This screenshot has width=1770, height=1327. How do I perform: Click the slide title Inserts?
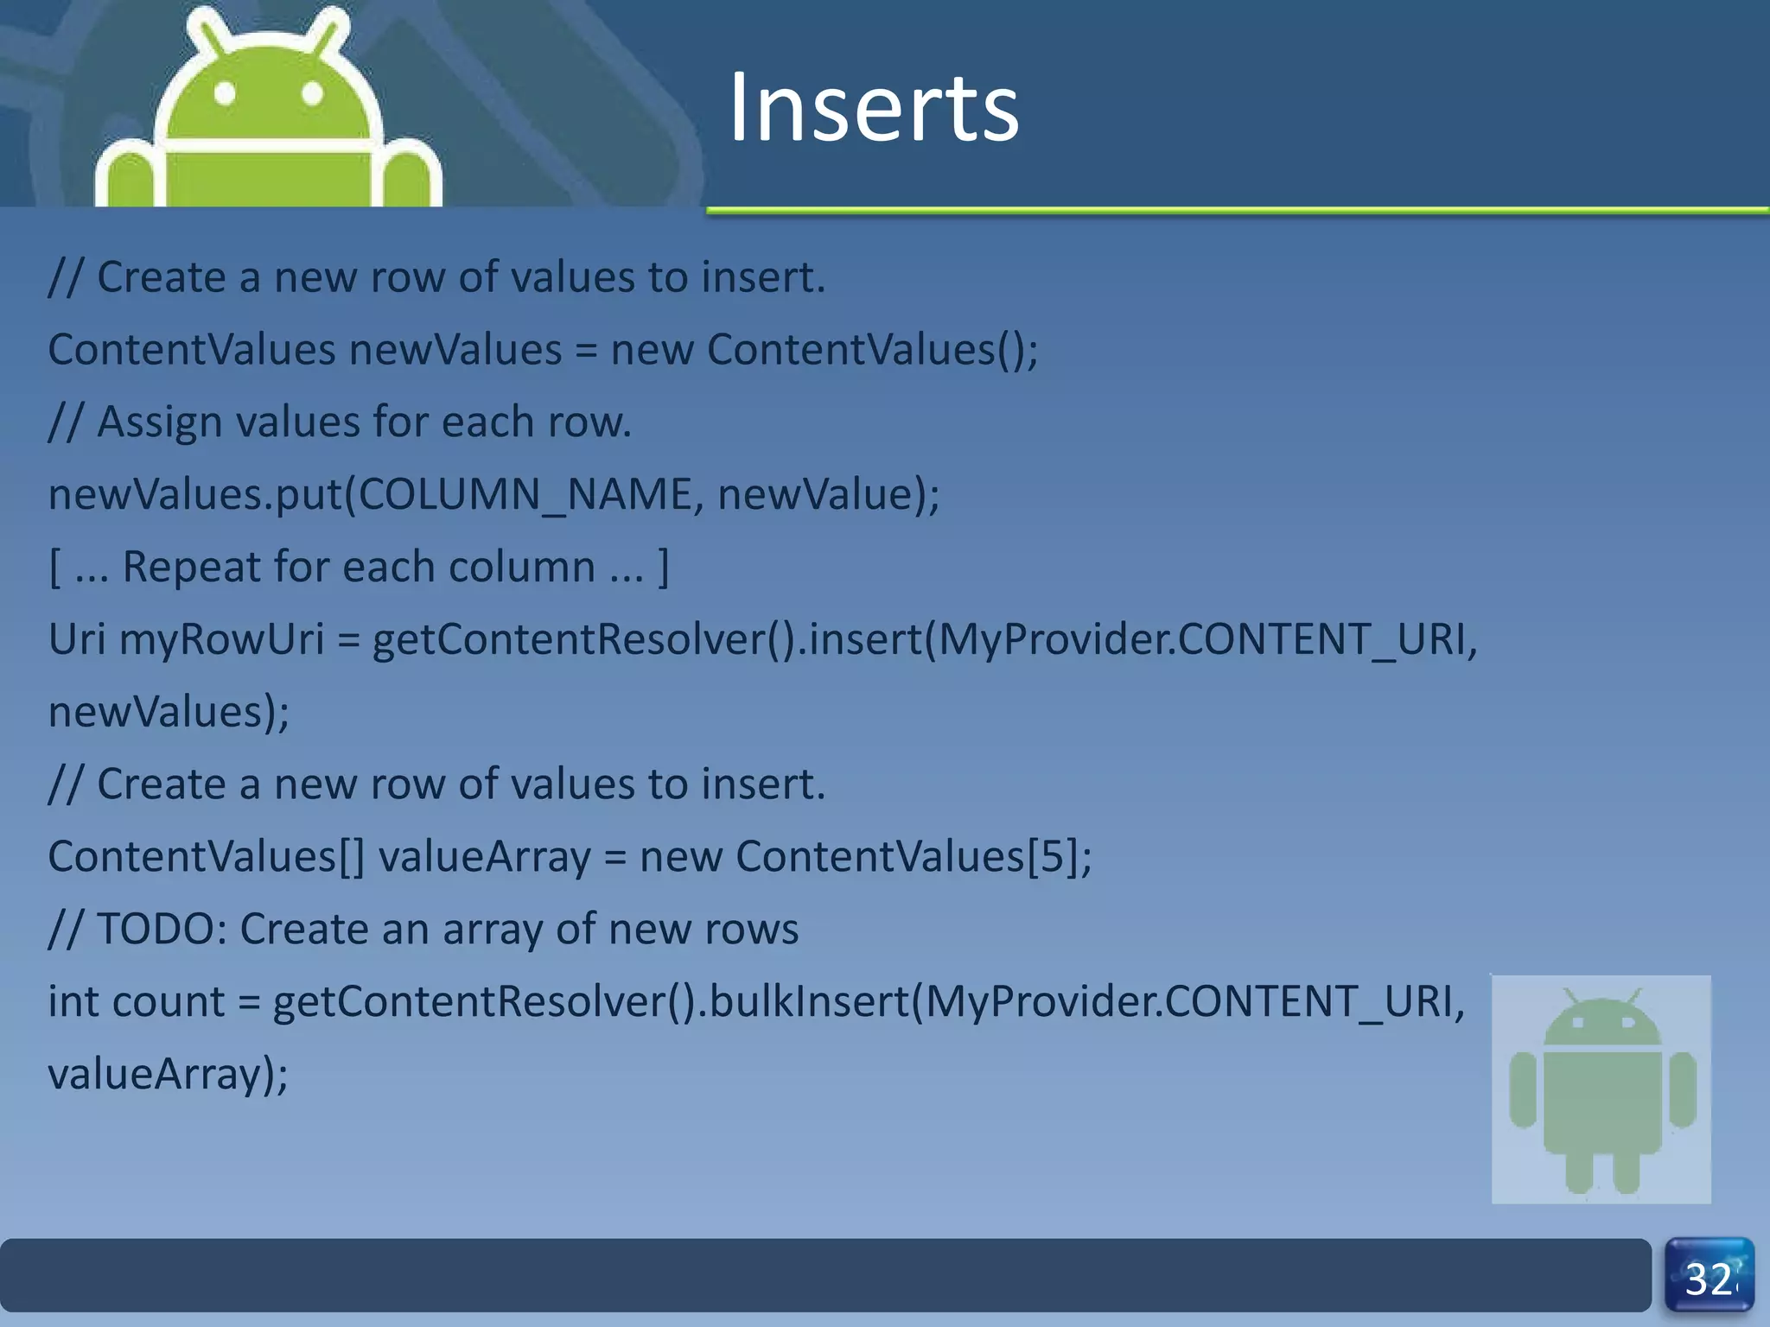[873, 108]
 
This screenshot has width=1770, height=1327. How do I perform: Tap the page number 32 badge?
[1709, 1277]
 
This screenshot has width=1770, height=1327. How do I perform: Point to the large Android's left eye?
[225, 92]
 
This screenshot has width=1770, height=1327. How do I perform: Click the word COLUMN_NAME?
[525, 495]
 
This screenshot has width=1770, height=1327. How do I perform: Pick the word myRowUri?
[221, 640]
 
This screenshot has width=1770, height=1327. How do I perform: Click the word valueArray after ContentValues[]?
[484, 857]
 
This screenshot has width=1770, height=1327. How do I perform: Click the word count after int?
[168, 1002]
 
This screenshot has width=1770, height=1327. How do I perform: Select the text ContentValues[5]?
[913, 857]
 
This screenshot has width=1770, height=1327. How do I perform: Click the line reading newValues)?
[169, 713]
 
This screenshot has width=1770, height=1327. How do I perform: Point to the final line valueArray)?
[168, 1075]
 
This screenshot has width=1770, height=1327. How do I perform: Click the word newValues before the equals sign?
[455, 350]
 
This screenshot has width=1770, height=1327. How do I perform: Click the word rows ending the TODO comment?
[751, 930]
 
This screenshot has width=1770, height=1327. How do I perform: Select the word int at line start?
[73, 1002]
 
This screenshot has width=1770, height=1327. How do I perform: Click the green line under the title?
[1236, 210]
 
